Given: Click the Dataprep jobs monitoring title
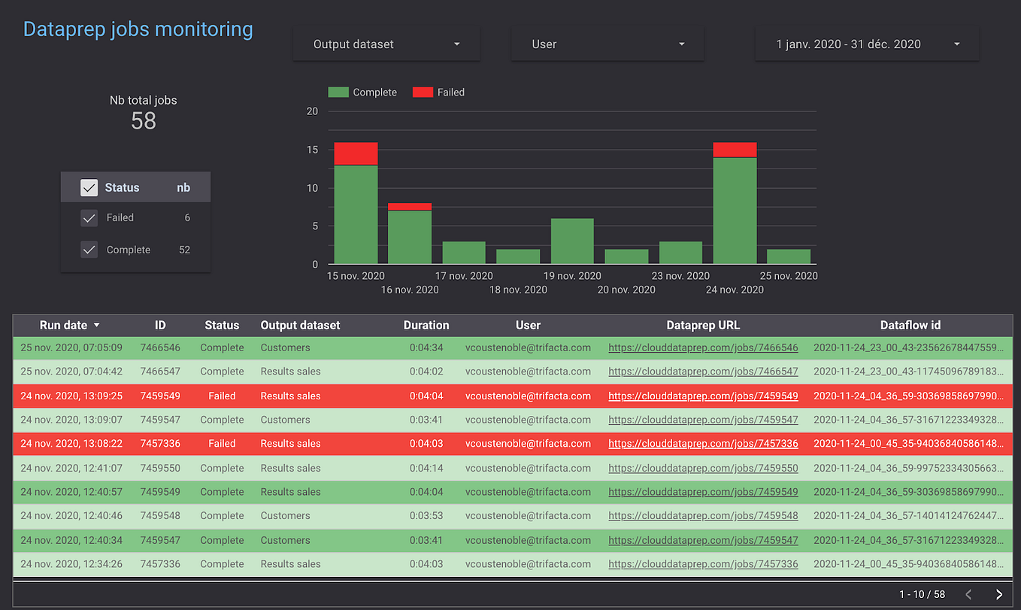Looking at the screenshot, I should [138, 29].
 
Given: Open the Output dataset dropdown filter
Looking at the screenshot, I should [386, 44].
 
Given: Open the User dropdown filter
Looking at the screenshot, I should [607, 44].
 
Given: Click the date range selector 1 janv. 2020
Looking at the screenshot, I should [867, 44].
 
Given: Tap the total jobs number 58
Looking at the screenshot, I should [143, 120].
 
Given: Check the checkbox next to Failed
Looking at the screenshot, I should [89, 218].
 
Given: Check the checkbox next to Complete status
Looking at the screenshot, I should [89, 250].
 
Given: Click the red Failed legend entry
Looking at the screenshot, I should [439, 93].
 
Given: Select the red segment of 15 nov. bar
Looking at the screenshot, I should [356, 153].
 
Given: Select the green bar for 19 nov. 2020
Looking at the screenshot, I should [572, 241].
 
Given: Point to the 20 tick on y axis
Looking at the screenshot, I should [312, 111].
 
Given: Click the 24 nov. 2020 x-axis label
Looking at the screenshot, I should [735, 290].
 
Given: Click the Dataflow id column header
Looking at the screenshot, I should [910, 326].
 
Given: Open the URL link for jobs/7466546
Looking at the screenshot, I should [703, 348].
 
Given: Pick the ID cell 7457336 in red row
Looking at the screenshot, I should [160, 444].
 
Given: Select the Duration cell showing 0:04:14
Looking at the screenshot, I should [426, 468].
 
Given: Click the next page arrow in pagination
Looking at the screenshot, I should [998, 594].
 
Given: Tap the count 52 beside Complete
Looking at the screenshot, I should [184, 250].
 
